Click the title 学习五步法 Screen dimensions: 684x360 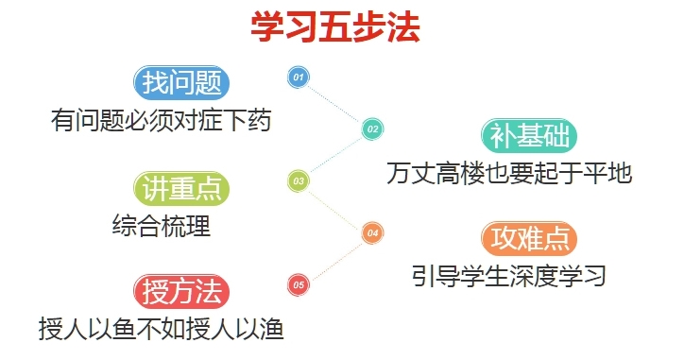point(334,26)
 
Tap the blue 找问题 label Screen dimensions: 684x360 point(182,83)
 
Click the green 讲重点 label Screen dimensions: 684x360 point(182,188)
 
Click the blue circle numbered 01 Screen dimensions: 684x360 point(299,77)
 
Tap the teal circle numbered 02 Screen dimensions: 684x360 point(372,129)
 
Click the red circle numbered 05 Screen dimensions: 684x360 point(299,283)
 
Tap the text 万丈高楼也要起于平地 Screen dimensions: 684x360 point(508,174)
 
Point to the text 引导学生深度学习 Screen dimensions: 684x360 point(508,277)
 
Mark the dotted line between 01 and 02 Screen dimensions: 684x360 point(335,102)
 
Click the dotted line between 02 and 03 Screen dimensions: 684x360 point(335,154)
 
